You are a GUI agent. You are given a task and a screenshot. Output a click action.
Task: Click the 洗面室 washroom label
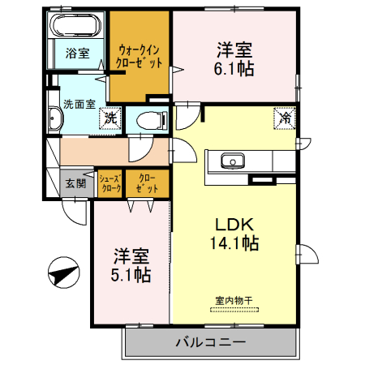tap(79, 104)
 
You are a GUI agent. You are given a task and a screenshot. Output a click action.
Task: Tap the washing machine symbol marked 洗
tap(110, 118)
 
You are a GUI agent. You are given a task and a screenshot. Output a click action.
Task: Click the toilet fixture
tap(150, 120)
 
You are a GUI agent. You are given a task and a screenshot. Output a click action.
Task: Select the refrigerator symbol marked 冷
tap(286, 118)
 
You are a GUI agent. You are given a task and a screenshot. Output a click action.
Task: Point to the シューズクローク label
tap(110, 183)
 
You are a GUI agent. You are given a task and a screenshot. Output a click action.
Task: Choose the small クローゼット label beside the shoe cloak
tap(147, 183)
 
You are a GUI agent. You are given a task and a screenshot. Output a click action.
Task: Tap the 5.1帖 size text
tap(131, 274)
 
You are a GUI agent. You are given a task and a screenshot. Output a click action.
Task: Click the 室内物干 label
tap(234, 300)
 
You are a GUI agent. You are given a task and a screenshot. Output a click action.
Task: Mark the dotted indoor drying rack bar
tap(234, 309)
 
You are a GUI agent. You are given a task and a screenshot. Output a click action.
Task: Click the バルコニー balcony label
tap(210, 341)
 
